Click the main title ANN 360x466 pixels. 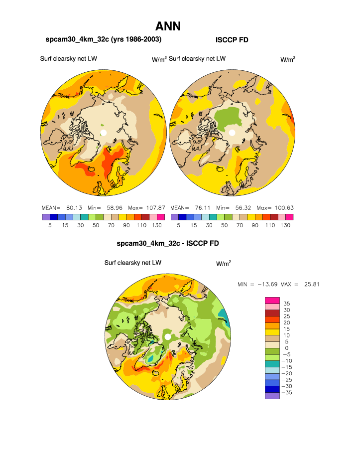pyautogui.click(x=168, y=26)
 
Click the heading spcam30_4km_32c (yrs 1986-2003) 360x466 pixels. pyautogui.click(x=103, y=39)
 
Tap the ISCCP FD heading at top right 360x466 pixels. pyautogui.click(x=232, y=39)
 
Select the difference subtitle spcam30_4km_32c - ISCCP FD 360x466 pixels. pyautogui.click(x=168, y=244)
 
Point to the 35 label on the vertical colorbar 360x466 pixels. pyautogui.click(x=287, y=304)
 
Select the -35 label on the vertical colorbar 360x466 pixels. pyautogui.click(x=288, y=393)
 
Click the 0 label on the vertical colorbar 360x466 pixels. pyautogui.click(x=286, y=348)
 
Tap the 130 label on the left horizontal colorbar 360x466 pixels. pyautogui.click(x=156, y=225)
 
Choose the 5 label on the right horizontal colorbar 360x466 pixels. pyautogui.click(x=178, y=225)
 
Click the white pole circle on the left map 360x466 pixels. pyautogui.click(x=104, y=133)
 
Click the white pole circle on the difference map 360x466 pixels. pyautogui.click(x=168, y=337)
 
